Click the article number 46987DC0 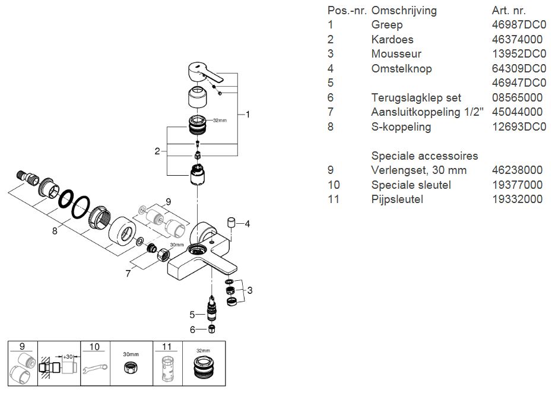519,25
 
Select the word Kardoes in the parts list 392,40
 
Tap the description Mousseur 396,54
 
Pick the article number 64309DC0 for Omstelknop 519,69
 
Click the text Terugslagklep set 416,97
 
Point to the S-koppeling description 401,127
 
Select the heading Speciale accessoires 424,156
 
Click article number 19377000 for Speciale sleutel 517,185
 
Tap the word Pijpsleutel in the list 397,199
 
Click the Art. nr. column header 509,11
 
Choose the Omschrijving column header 404,11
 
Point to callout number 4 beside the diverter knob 248,224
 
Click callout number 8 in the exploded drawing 55,231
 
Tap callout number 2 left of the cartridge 157,151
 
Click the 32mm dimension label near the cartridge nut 220,120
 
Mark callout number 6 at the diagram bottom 192,329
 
